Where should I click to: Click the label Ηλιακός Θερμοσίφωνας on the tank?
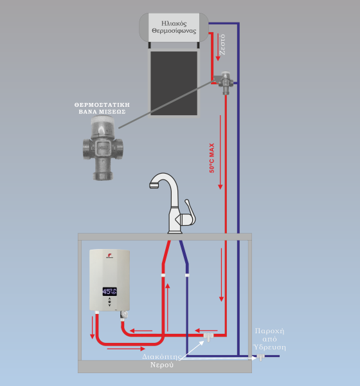click(174, 27)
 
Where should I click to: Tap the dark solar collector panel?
click(174, 83)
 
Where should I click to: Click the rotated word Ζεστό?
click(222, 44)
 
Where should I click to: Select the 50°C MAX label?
click(212, 158)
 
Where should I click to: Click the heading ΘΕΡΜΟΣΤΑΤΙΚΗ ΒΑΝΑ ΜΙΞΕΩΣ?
click(102, 108)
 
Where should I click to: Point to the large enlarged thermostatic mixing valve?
click(103, 148)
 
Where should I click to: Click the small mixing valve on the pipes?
click(225, 83)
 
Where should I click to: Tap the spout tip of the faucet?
click(154, 186)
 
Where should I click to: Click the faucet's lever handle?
click(190, 212)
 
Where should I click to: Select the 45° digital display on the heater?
click(110, 291)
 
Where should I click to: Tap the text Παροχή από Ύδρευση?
click(270, 339)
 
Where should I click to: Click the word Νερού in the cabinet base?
click(161, 365)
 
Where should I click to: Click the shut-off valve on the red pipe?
click(208, 336)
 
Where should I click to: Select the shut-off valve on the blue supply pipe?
click(260, 357)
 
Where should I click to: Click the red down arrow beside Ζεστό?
click(218, 47)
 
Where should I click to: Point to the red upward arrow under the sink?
click(168, 307)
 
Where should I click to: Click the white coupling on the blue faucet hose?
click(187, 275)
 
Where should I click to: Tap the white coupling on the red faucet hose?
click(163, 275)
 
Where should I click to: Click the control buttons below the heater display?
click(109, 302)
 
